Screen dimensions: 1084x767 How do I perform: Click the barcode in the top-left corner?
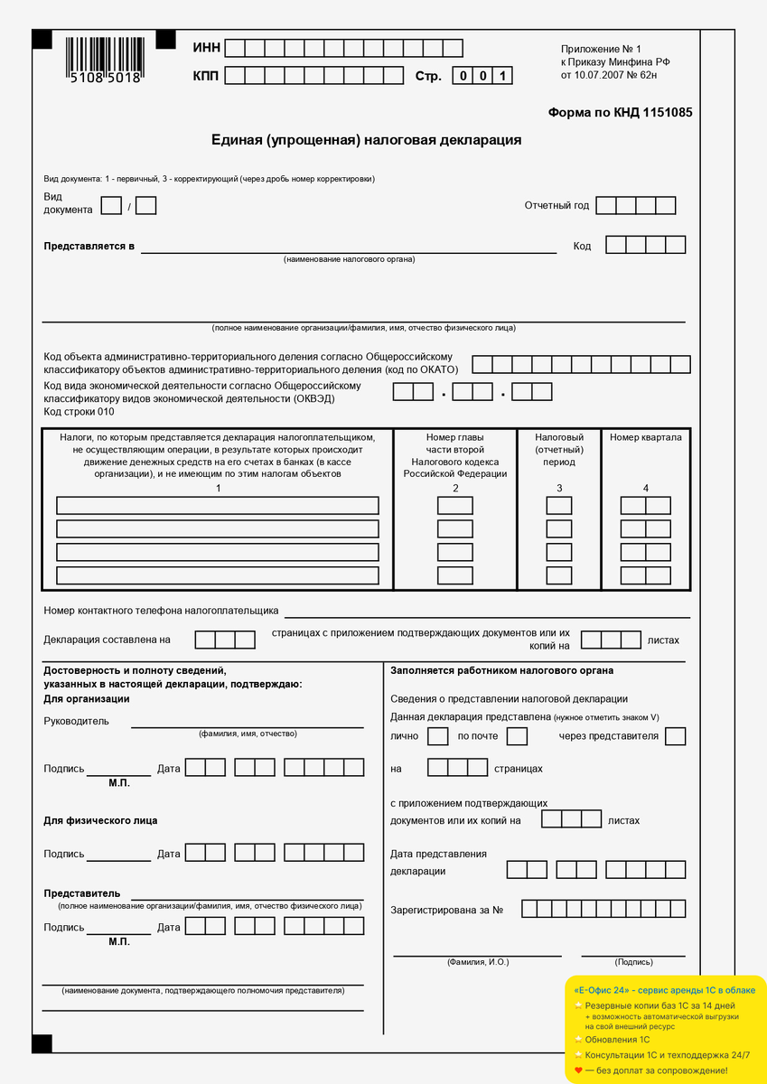[x=104, y=61]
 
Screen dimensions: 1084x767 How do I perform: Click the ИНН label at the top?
[x=207, y=48]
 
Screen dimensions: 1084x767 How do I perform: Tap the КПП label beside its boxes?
[x=207, y=76]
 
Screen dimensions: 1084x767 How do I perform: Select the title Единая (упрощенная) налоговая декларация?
[x=366, y=140]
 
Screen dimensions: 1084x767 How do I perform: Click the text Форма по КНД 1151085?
[x=620, y=113]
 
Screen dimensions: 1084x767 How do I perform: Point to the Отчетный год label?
[x=557, y=205]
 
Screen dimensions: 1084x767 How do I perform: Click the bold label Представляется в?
[x=89, y=246]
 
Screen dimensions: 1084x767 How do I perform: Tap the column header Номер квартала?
[x=645, y=437]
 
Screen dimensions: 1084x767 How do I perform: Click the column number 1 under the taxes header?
[x=218, y=488]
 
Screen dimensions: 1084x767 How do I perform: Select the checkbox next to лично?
[x=437, y=736]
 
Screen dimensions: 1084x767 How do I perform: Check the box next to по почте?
[x=517, y=736]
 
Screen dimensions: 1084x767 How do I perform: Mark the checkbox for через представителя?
[x=675, y=736]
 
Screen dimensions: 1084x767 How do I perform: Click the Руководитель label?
[x=76, y=721]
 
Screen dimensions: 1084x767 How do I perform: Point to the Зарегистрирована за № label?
[x=446, y=910]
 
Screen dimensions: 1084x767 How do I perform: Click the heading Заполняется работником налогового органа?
[x=501, y=670]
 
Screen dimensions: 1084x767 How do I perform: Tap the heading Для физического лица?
[x=100, y=820]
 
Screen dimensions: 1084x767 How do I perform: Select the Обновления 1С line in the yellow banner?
[x=617, y=1039]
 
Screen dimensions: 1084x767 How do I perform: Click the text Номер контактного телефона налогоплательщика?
[x=161, y=611]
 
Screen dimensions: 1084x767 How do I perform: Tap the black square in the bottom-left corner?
[x=42, y=1043]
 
